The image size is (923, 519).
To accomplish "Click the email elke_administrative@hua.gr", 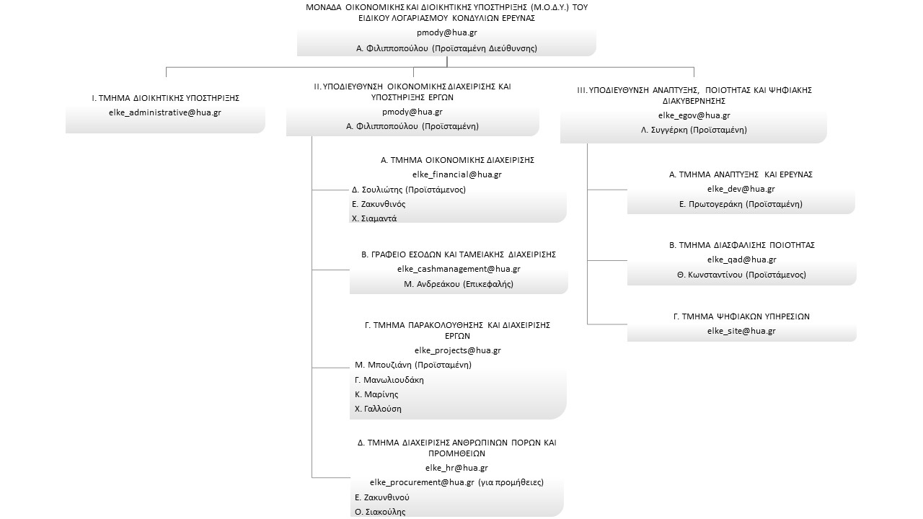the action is pos(165,112).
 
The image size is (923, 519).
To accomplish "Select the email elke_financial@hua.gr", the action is pos(457,174).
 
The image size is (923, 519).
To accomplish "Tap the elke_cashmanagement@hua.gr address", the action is pos(459,269).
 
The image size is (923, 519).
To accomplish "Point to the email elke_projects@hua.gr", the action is pos(457,350).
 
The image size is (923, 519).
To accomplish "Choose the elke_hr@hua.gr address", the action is pos(456,468).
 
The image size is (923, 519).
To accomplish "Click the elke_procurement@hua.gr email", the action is pos(422,482).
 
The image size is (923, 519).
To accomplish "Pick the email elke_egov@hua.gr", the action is pos(694,115).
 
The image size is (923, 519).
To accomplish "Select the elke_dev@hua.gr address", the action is pos(741,189).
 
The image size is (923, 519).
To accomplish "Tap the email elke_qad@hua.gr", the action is pos(742,259).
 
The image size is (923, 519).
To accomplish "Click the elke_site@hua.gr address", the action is pos(741,331).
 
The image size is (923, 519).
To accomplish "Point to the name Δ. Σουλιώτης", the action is pos(377,190).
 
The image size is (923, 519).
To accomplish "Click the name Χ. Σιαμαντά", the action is pos(374,218).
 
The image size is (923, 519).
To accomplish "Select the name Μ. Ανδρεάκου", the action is pos(432,284).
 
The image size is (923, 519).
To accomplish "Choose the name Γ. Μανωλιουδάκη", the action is pos(389,380).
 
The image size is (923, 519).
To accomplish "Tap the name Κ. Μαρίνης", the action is pos(376,394).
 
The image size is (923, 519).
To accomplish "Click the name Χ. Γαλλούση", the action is pos(378,409).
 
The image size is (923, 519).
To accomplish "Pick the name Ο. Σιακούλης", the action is pos(380,512).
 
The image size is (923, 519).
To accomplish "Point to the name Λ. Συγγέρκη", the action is pos(664,130).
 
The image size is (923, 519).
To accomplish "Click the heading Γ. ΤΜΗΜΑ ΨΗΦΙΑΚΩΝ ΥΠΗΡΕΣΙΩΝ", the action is pos(741,316).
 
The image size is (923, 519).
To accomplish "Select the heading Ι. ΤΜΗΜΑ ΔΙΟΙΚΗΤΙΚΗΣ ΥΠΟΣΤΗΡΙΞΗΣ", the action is pos(165,98).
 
